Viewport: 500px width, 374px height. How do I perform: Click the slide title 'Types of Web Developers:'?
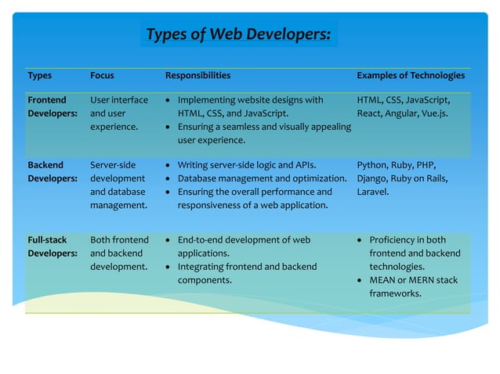coord(238,34)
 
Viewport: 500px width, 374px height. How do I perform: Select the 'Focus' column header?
coord(102,76)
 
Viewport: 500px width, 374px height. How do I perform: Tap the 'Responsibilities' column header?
coord(197,76)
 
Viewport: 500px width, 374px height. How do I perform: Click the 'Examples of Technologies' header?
coord(411,76)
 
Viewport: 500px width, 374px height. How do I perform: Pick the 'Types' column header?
coord(40,76)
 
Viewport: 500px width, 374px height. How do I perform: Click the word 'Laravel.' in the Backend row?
coord(373,192)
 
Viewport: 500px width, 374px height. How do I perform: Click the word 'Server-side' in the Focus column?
coord(113,166)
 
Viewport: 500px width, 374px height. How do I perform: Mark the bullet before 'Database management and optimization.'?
coord(169,178)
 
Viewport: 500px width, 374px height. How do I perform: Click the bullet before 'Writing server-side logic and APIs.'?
coord(169,166)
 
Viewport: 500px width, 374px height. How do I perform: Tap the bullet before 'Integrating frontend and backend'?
coord(169,267)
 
